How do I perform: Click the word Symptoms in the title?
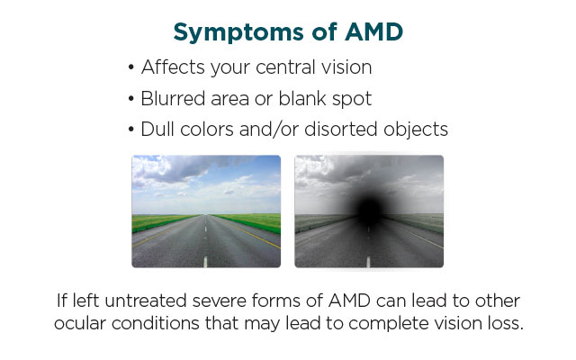[238, 32]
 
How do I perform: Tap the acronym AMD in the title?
[374, 31]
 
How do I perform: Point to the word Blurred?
[173, 98]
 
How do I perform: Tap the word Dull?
[157, 130]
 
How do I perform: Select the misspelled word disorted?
[341, 130]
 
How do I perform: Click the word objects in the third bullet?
[416, 130]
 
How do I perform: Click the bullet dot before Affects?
[131, 68]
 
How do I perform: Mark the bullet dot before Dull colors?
[131, 130]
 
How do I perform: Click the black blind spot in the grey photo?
[370, 210]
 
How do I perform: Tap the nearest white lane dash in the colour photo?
[205, 262]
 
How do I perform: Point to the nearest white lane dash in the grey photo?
[368, 262]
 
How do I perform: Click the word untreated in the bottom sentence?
[146, 301]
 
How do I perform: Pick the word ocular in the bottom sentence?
[80, 324]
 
